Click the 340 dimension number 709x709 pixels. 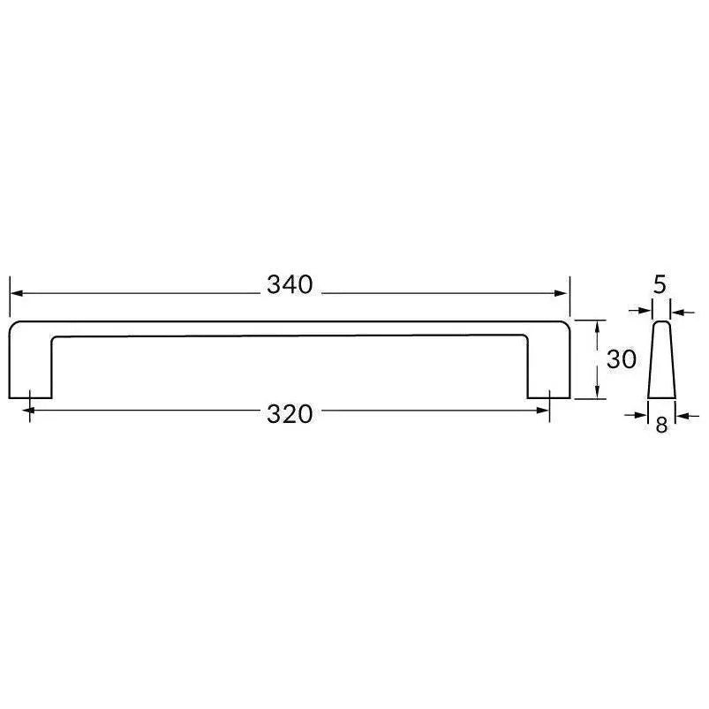[290, 285]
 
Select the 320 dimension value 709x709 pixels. [290, 413]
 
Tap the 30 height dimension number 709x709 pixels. [622, 359]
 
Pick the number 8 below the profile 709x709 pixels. [661, 425]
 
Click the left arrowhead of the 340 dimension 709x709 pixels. [16, 293]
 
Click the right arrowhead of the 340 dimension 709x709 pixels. [563, 293]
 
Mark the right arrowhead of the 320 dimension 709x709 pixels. [544, 411]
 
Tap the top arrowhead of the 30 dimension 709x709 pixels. [599, 326]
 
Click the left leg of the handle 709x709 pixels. [31, 371]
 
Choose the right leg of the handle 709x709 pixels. [549, 371]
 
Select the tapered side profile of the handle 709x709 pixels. [661, 362]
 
